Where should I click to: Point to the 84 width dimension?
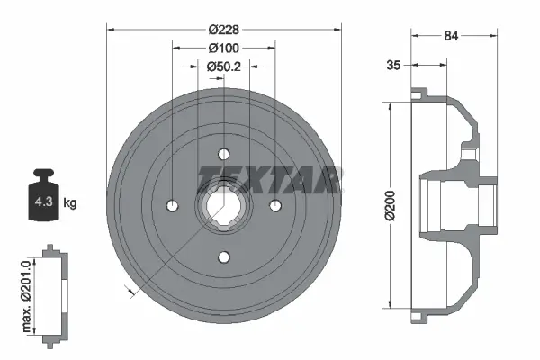coord(454,37)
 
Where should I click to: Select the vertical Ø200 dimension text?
coord(389,205)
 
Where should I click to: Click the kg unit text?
coord(70,203)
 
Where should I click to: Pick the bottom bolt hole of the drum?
coord(222,257)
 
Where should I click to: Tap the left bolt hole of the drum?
coord(171,205)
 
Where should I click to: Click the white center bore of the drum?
coord(222,205)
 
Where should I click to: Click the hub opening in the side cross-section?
coord(454,205)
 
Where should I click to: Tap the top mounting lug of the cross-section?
coord(419,93)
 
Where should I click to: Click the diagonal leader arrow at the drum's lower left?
coord(131,290)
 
